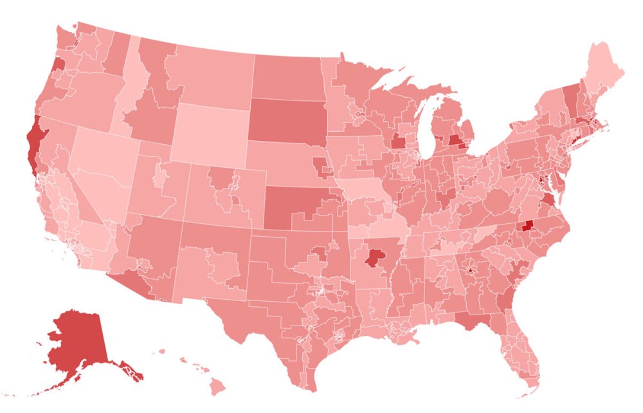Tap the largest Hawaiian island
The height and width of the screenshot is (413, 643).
pos(218,387)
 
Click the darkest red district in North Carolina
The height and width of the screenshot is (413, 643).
pos(529,225)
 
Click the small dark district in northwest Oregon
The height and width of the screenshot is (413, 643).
pos(57,64)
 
